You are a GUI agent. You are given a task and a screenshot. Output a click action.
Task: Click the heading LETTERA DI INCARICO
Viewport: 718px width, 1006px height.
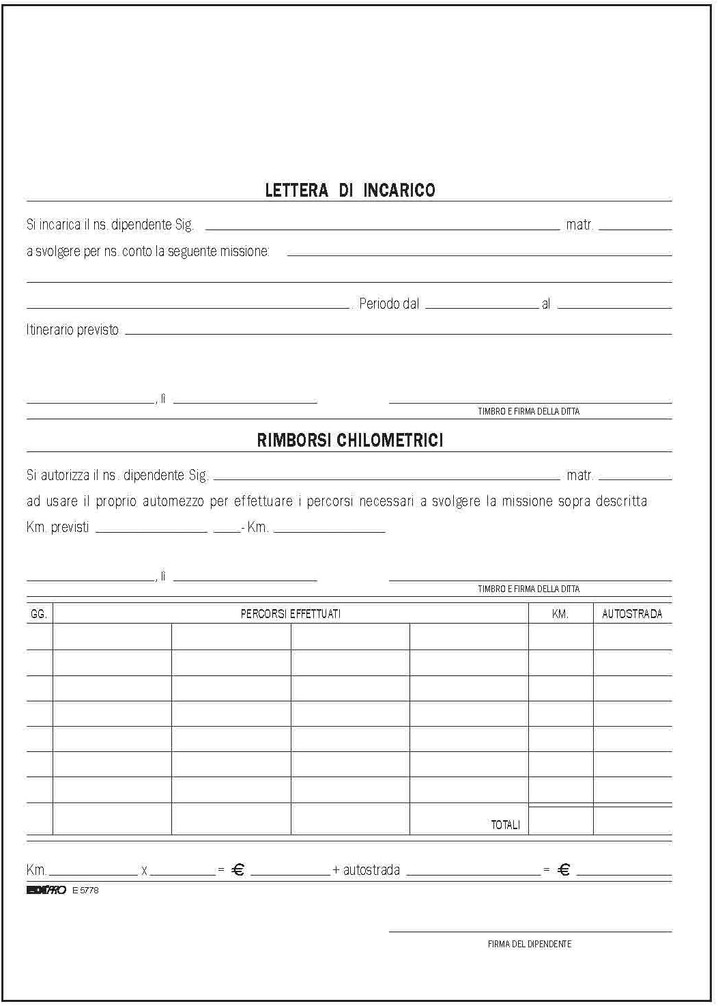[349, 191]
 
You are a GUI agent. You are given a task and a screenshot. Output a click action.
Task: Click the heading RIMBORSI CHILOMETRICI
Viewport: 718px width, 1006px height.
[349, 441]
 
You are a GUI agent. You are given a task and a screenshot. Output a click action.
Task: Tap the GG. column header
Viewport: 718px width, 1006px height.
[39, 614]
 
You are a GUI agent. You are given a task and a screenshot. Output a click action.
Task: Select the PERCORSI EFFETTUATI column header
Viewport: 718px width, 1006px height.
[290, 614]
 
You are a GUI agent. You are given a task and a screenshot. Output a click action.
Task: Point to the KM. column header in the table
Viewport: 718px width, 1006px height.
[560, 614]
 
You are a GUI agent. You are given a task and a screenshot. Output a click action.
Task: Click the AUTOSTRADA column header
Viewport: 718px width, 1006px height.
[632, 614]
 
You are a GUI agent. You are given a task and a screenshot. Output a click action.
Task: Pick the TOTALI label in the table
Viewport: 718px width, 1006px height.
[505, 825]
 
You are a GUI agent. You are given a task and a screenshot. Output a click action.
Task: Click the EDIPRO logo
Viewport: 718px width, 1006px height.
[46, 891]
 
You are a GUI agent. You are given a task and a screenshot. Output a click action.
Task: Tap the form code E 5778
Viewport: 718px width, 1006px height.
[85, 891]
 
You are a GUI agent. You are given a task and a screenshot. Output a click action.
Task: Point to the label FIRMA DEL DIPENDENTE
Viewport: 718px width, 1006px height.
[530, 944]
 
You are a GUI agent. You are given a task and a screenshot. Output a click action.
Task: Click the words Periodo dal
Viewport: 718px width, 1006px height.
[389, 304]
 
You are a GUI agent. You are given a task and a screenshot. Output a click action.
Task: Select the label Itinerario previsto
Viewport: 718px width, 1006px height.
[72, 330]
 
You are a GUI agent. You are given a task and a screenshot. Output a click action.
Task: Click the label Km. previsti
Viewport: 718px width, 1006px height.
[57, 528]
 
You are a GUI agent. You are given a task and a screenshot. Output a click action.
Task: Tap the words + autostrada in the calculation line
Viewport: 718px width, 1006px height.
[366, 870]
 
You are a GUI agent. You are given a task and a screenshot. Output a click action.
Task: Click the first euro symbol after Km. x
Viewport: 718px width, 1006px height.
[238, 870]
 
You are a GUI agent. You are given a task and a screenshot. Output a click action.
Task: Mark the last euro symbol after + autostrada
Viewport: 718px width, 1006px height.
[564, 870]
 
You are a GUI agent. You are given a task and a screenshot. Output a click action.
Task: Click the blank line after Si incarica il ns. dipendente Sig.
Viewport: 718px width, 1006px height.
[382, 229]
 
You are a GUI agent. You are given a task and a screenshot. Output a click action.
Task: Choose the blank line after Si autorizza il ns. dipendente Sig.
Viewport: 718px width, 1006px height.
[386, 479]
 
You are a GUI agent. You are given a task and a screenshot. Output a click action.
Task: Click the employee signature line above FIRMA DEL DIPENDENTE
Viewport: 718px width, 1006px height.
[530, 930]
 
